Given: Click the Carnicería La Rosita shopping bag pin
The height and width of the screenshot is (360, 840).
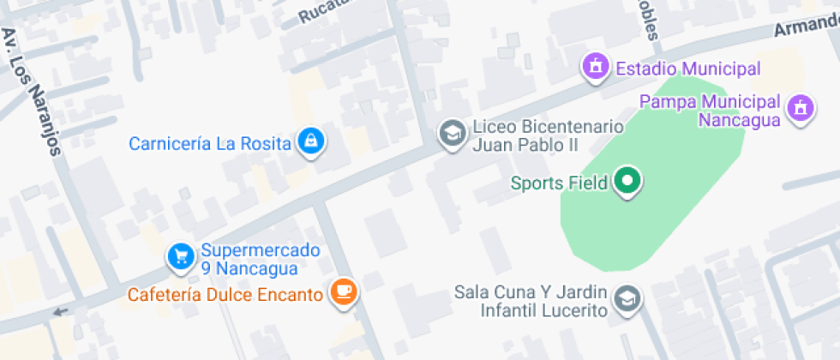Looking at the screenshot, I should (x=310, y=141).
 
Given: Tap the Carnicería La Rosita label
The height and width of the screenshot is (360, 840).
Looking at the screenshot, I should (x=210, y=143).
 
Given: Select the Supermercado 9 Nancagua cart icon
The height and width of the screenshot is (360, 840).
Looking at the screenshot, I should (x=180, y=256).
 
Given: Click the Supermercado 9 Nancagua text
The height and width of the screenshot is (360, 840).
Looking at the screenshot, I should (x=249, y=260).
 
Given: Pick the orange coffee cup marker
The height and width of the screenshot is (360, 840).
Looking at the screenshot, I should (x=344, y=291).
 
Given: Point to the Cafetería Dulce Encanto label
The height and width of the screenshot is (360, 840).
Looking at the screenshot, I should (x=225, y=295).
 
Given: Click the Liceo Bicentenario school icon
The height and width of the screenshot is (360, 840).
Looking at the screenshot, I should (x=451, y=133).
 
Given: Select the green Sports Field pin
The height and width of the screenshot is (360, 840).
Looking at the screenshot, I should (x=628, y=181).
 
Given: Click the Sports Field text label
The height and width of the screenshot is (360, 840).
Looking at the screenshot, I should (x=559, y=183).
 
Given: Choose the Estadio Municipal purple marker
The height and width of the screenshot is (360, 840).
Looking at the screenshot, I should (x=595, y=66).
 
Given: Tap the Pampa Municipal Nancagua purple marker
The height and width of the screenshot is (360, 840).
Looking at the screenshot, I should (x=800, y=109).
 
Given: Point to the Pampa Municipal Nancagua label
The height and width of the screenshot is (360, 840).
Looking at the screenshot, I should (x=711, y=111).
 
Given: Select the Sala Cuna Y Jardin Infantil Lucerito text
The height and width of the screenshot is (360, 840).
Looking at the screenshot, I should (x=531, y=301).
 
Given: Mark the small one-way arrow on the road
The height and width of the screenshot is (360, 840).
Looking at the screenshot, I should (x=59, y=311).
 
